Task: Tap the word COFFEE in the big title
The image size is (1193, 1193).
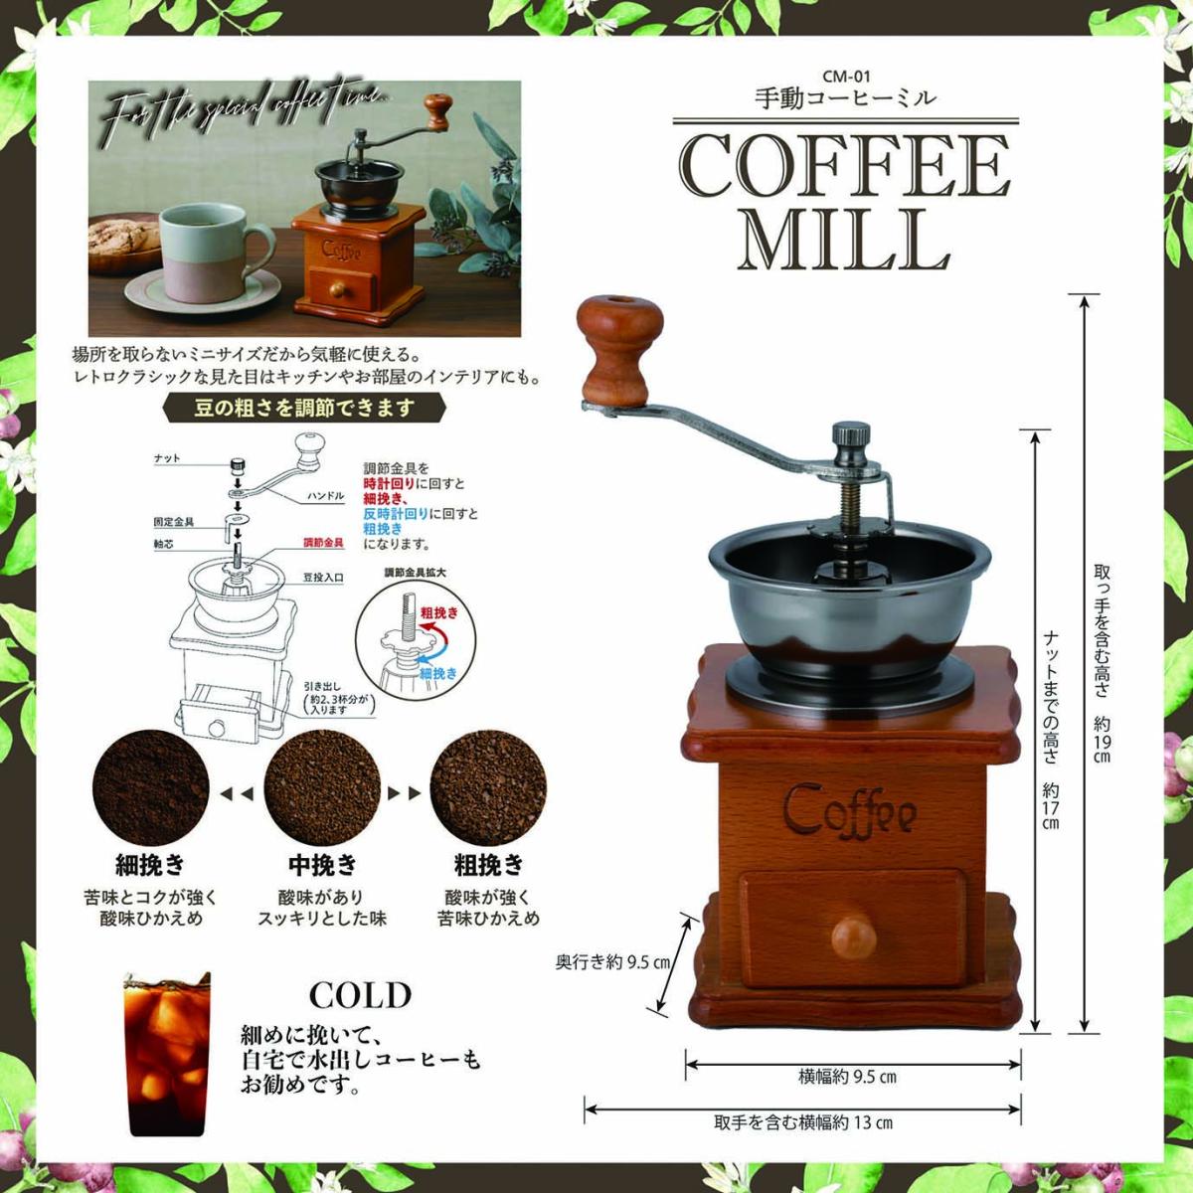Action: coord(844,166)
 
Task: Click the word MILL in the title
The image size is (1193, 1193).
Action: coord(844,239)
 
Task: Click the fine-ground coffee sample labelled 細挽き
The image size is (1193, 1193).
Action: coord(150,791)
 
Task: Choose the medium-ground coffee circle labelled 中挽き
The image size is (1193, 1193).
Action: coord(321,791)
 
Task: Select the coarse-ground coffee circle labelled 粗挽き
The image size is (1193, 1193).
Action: coord(488,791)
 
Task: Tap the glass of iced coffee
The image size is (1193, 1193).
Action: coord(166,1053)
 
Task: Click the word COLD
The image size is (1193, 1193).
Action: coord(360,995)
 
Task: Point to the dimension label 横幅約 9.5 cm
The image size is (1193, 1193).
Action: coord(847,1077)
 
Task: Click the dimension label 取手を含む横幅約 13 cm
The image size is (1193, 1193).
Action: coord(803,1123)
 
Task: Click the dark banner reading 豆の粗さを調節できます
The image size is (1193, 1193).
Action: coord(304,407)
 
